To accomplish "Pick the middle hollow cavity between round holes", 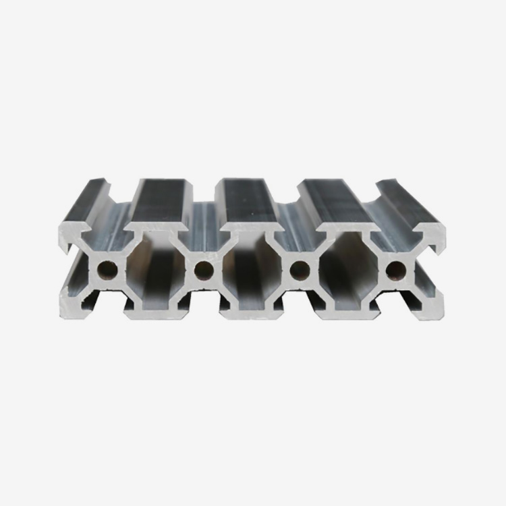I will (252, 270).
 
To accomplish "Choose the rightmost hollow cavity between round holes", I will (347, 270).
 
